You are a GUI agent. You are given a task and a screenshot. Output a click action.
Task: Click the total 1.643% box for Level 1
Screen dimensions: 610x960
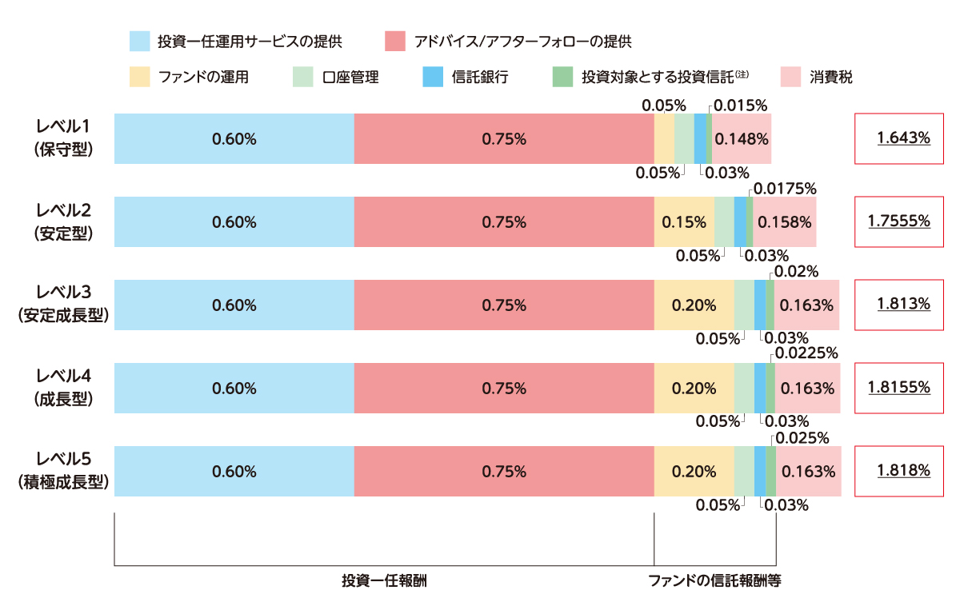tap(903, 138)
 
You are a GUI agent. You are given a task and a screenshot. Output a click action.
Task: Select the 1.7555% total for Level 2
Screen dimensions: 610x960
tap(903, 221)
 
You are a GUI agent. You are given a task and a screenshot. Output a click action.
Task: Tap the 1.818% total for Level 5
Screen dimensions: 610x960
tap(903, 471)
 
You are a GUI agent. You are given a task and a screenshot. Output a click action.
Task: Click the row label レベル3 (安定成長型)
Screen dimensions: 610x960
tap(63, 305)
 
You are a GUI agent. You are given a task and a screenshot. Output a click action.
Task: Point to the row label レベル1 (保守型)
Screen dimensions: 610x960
tap(63, 138)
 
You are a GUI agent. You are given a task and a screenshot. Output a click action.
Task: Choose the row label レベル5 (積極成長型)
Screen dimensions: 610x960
tap(63, 471)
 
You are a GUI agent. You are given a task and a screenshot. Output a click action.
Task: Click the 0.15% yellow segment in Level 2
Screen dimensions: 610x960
tap(684, 221)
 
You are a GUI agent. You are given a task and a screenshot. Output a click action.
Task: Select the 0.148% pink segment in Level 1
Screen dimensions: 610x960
tap(741, 138)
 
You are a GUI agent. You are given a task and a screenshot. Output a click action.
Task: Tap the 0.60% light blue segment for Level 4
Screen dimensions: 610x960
tap(234, 388)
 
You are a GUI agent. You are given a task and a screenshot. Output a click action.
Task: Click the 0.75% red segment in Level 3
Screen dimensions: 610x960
tap(504, 305)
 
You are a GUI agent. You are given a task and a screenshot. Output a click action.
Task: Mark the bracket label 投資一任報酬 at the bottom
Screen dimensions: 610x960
tap(384, 581)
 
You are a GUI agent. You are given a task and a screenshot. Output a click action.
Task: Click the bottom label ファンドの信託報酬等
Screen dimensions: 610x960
tap(714, 581)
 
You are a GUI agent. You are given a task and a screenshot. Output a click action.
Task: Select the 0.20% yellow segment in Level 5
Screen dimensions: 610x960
tap(694, 471)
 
